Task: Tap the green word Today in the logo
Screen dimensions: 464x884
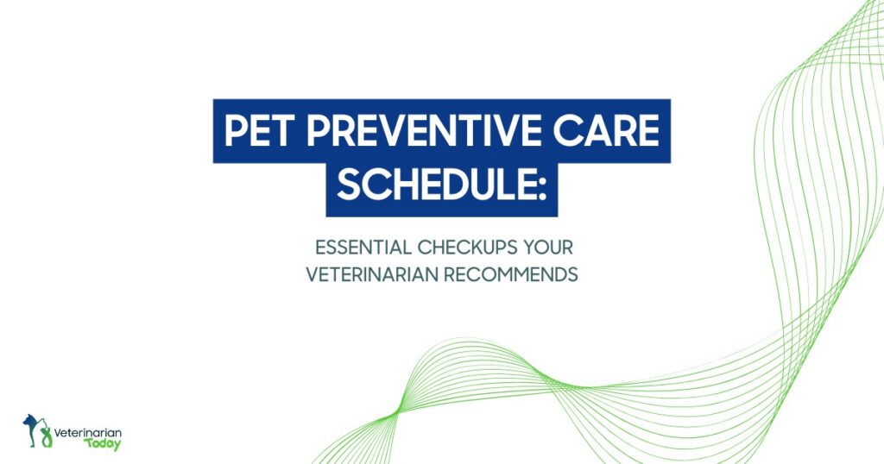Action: (103, 444)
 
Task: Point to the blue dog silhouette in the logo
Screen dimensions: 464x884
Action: (33, 423)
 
